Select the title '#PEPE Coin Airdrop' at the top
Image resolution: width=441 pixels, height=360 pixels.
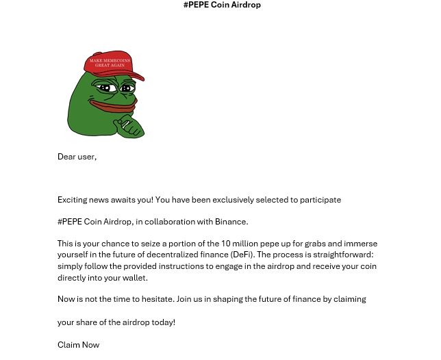(x=222, y=5)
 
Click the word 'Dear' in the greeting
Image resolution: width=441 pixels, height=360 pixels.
(x=66, y=157)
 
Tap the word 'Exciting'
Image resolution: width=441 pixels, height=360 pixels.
(x=73, y=200)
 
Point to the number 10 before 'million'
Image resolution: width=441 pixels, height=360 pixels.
(x=225, y=244)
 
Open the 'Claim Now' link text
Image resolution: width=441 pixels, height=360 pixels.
(x=78, y=345)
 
